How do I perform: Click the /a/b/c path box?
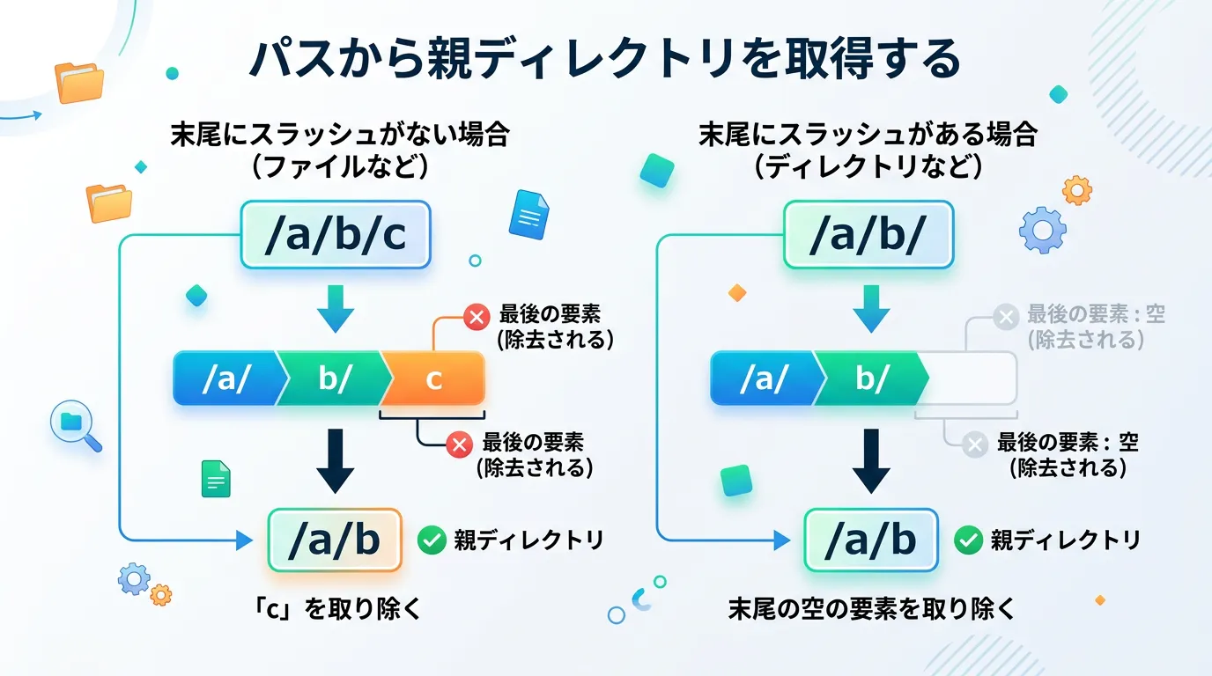(335, 235)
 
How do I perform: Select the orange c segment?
(433, 378)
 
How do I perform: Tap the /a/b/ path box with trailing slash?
(868, 235)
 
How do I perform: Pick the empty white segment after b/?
(972, 378)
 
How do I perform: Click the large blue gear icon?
(1042, 231)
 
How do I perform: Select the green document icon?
(216, 479)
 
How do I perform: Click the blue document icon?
(528, 214)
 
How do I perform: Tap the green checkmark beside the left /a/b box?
(432, 540)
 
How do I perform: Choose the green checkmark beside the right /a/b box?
(968, 540)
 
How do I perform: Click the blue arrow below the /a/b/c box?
(335, 308)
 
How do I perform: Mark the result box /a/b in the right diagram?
(870, 540)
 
